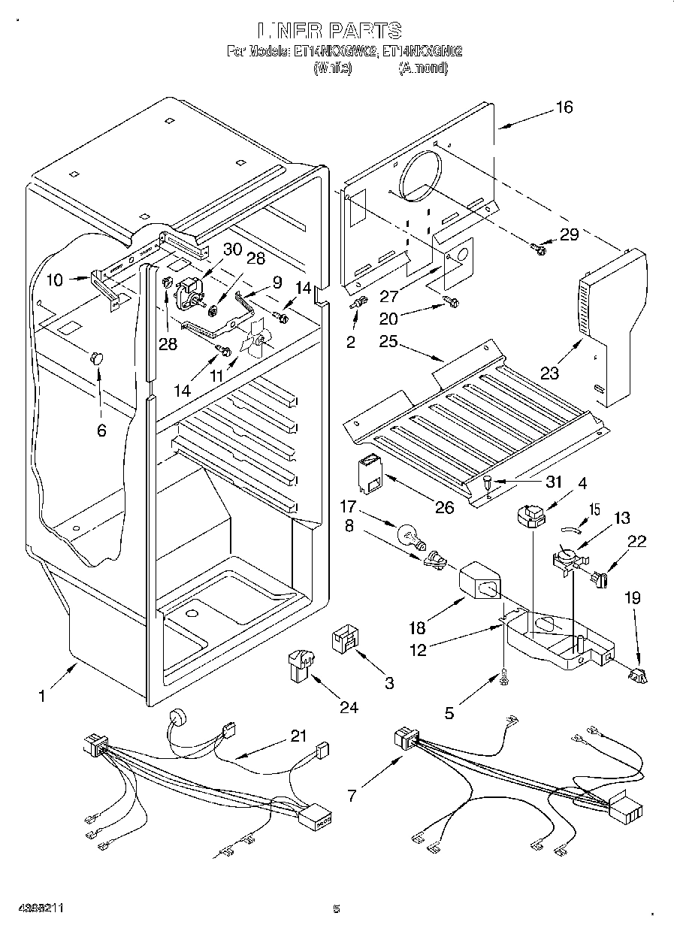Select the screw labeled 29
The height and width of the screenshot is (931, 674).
(538, 246)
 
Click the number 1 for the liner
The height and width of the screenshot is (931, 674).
(42, 697)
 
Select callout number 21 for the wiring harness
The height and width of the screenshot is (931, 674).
(299, 736)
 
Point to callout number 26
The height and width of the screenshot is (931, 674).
(445, 508)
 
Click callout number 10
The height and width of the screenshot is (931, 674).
(54, 281)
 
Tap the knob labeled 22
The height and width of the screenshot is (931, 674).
(599, 579)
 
